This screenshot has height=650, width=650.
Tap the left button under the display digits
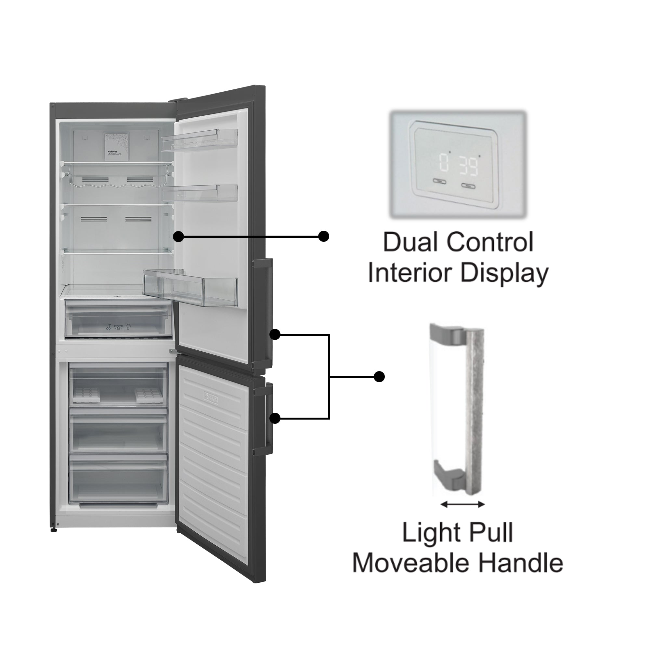[439, 181]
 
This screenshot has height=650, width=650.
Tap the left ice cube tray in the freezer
[86, 395]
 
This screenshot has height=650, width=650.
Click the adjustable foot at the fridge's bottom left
[54, 529]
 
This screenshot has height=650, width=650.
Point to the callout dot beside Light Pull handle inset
[379, 377]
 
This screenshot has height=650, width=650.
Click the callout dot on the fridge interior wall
[179, 237]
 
